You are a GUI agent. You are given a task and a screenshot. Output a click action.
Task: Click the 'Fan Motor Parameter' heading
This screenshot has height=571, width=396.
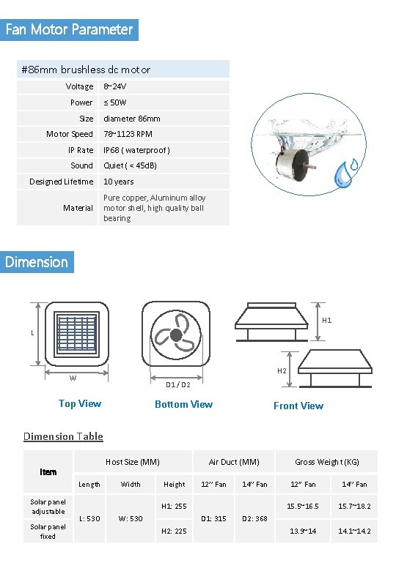tap(69, 30)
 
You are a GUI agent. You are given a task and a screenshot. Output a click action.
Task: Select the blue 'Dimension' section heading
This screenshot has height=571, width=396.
tap(37, 262)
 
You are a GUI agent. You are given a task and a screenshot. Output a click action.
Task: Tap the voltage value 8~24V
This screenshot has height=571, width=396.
tap(115, 86)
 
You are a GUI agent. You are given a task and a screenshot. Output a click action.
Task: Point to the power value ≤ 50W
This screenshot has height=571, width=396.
tap(115, 102)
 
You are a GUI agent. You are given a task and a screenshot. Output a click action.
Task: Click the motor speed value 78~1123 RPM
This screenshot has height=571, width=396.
tap(128, 134)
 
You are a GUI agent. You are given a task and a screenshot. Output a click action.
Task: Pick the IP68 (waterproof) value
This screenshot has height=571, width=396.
tap(136, 150)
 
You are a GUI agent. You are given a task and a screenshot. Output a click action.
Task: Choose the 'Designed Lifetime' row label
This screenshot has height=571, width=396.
tap(61, 182)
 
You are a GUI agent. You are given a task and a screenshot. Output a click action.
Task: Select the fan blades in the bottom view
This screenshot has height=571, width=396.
tap(177, 336)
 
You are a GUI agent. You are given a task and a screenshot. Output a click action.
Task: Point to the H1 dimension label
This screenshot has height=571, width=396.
tap(327, 320)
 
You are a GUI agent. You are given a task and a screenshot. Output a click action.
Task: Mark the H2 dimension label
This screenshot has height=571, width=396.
tap(282, 370)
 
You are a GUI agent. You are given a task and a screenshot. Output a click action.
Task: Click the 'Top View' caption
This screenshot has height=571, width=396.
tap(80, 403)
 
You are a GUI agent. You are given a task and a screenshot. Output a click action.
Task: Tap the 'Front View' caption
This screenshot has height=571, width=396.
tap(298, 406)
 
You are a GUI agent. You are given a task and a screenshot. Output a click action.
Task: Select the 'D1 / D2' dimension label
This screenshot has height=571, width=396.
tap(178, 385)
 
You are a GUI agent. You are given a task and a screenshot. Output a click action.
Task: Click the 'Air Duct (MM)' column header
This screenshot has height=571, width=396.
tap(234, 462)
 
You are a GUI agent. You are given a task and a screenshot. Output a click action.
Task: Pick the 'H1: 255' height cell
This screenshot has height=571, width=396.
tap(174, 507)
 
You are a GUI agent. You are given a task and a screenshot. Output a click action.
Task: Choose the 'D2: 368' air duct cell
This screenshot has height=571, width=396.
tap(254, 518)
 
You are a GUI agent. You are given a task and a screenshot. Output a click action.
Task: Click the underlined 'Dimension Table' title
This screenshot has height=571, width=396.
tap(63, 436)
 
